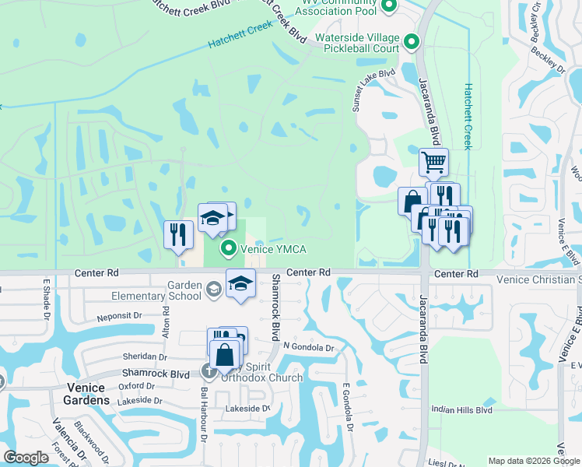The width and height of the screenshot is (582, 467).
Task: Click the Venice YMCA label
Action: point(273,249)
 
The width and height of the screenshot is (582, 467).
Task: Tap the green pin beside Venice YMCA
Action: point(229,249)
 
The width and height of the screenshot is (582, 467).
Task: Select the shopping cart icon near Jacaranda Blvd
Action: point(434,163)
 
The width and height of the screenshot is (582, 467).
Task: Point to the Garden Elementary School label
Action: point(168,290)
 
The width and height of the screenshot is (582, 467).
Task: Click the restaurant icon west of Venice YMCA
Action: point(178,234)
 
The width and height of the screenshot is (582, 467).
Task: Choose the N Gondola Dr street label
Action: point(309,348)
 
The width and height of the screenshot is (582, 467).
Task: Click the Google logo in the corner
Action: point(26,458)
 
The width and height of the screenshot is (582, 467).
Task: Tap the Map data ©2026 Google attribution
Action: point(534,461)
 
